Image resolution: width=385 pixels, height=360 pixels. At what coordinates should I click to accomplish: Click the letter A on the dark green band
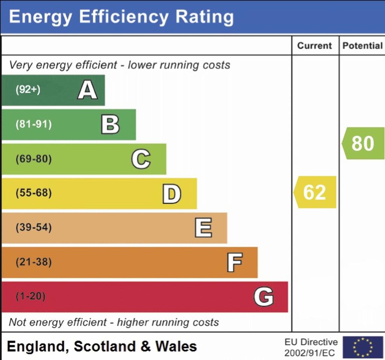coord(87,90)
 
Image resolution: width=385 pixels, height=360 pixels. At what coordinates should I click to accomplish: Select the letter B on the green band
coord(110,125)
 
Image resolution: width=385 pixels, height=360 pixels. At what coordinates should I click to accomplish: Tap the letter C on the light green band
coord(141,159)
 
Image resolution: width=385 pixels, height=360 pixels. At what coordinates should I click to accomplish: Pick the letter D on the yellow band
coord(171,194)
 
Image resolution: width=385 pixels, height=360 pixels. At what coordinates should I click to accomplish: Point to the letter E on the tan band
coord(203,228)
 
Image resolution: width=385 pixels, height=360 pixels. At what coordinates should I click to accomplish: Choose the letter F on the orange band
coord(235,262)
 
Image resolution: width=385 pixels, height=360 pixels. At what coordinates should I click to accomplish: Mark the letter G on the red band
coord(263,297)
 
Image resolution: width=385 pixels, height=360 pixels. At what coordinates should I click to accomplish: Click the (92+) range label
coord(28,90)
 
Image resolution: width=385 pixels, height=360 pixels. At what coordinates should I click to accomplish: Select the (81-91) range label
coord(33,125)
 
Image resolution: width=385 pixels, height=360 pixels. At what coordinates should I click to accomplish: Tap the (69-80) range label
coord(33,159)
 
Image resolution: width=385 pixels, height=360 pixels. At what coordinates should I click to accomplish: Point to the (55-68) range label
coord(33,194)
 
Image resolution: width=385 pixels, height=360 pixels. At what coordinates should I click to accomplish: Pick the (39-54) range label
coord(33,228)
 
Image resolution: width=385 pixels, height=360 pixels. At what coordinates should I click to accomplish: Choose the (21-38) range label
coord(33,262)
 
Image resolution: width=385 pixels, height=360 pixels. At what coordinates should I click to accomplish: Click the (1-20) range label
coord(30,296)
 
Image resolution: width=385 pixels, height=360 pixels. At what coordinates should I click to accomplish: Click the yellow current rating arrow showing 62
coord(315,192)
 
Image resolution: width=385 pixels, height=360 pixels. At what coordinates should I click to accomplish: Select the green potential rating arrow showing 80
coord(363,143)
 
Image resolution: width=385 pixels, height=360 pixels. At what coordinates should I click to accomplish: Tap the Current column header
coord(315,46)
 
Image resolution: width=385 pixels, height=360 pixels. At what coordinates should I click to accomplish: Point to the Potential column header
coord(362,46)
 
